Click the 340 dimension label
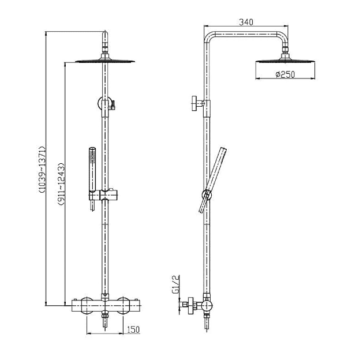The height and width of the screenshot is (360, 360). tap(246, 22)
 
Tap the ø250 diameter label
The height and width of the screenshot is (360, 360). tap(285, 74)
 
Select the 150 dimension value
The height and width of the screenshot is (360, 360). tap(133, 329)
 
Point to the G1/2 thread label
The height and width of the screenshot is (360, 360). tap(175, 284)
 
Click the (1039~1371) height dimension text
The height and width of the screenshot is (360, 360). tap(42, 170)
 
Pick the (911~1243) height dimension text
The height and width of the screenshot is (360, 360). tap(61, 183)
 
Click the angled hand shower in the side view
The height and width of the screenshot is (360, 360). tap(213, 180)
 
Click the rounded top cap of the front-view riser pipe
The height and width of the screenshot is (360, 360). tap(105, 36)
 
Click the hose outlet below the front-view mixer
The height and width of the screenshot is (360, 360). tap(105, 321)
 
